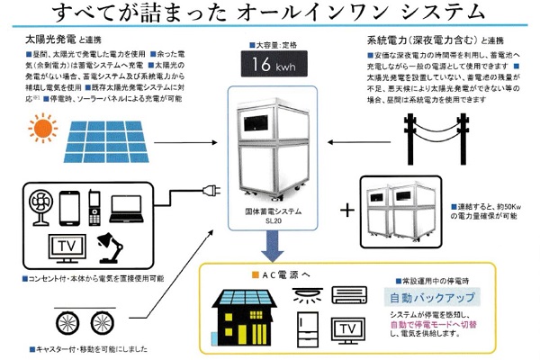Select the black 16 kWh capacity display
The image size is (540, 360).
pos(270,66)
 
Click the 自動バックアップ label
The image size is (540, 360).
pos(431,297)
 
